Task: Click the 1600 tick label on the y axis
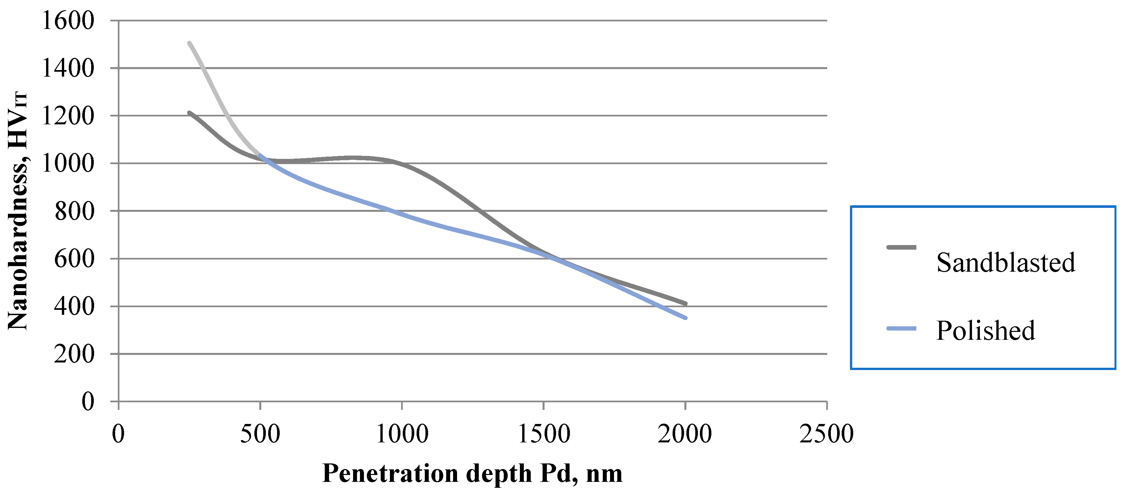(x=68, y=20)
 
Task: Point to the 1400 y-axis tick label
(x=68, y=68)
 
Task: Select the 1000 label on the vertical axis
(x=68, y=163)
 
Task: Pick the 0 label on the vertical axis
(x=88, y=401)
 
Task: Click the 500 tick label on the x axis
(x=260, y=434)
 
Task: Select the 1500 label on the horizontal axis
(x=544, y=434)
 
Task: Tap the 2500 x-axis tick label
(x=826, y=434)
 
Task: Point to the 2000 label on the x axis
(x=685, y=434)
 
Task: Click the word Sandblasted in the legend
(x=1005, y=262)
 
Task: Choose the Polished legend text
(x=985, y=331)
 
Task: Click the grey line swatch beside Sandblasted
(x=901, y=247)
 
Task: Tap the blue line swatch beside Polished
(x=901, y=328)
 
